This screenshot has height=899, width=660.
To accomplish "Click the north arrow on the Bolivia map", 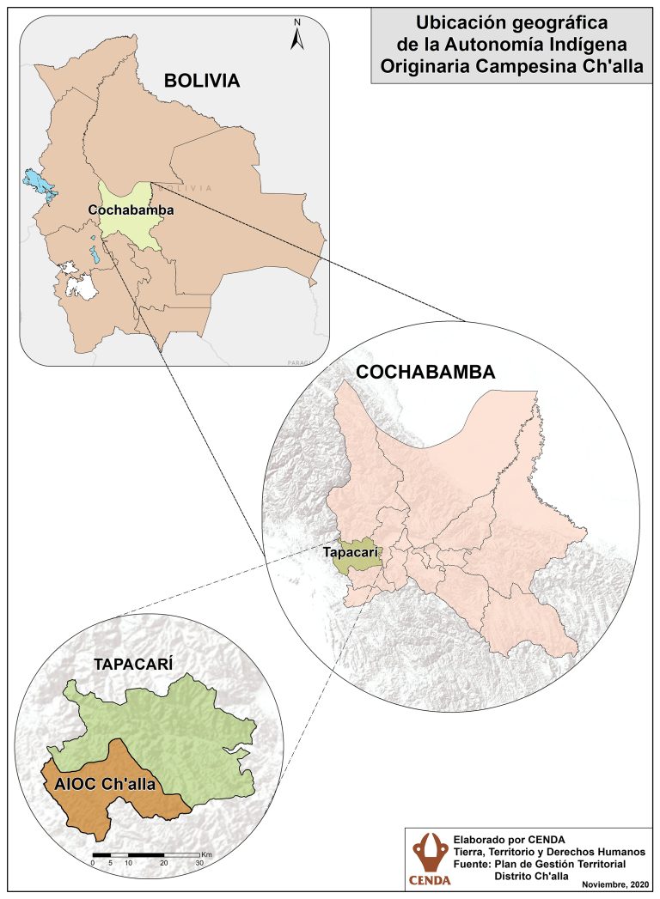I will [x=296, y=35].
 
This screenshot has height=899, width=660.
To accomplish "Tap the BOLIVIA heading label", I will [x=201, y=82].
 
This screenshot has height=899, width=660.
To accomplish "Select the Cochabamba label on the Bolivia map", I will [x=131, y=210].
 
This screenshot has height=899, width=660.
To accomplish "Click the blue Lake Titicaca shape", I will [x=37, y=184].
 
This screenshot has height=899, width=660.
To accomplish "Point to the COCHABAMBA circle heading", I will [x=425, y=372].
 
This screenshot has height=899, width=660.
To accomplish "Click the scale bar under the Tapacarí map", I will [x=145, y=855].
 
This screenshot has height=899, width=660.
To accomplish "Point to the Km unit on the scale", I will [x=206, y=855].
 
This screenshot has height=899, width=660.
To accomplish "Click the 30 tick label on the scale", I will [x=199, y=864].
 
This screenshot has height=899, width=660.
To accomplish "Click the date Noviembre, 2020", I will [x=614, y=884].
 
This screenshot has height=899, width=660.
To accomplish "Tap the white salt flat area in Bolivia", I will [x=82, y=286].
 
